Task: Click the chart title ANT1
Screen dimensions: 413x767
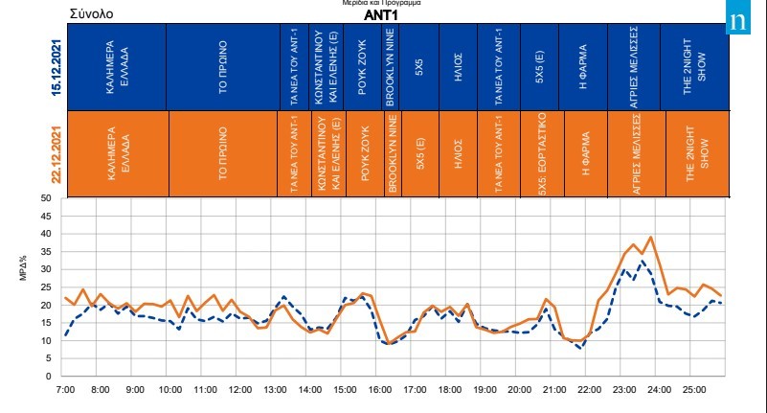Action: (x=381, y=15)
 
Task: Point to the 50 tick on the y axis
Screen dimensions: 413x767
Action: (x=44, y=198)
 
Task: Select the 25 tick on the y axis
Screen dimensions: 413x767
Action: (x=44, y=287)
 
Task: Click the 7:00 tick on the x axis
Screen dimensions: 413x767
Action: (x=65, y=391)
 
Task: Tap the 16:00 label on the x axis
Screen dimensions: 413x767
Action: (x=380, y=391)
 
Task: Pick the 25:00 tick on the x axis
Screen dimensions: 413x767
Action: (x=694, y=391)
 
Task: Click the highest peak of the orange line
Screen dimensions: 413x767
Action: (x=651, y=237)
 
